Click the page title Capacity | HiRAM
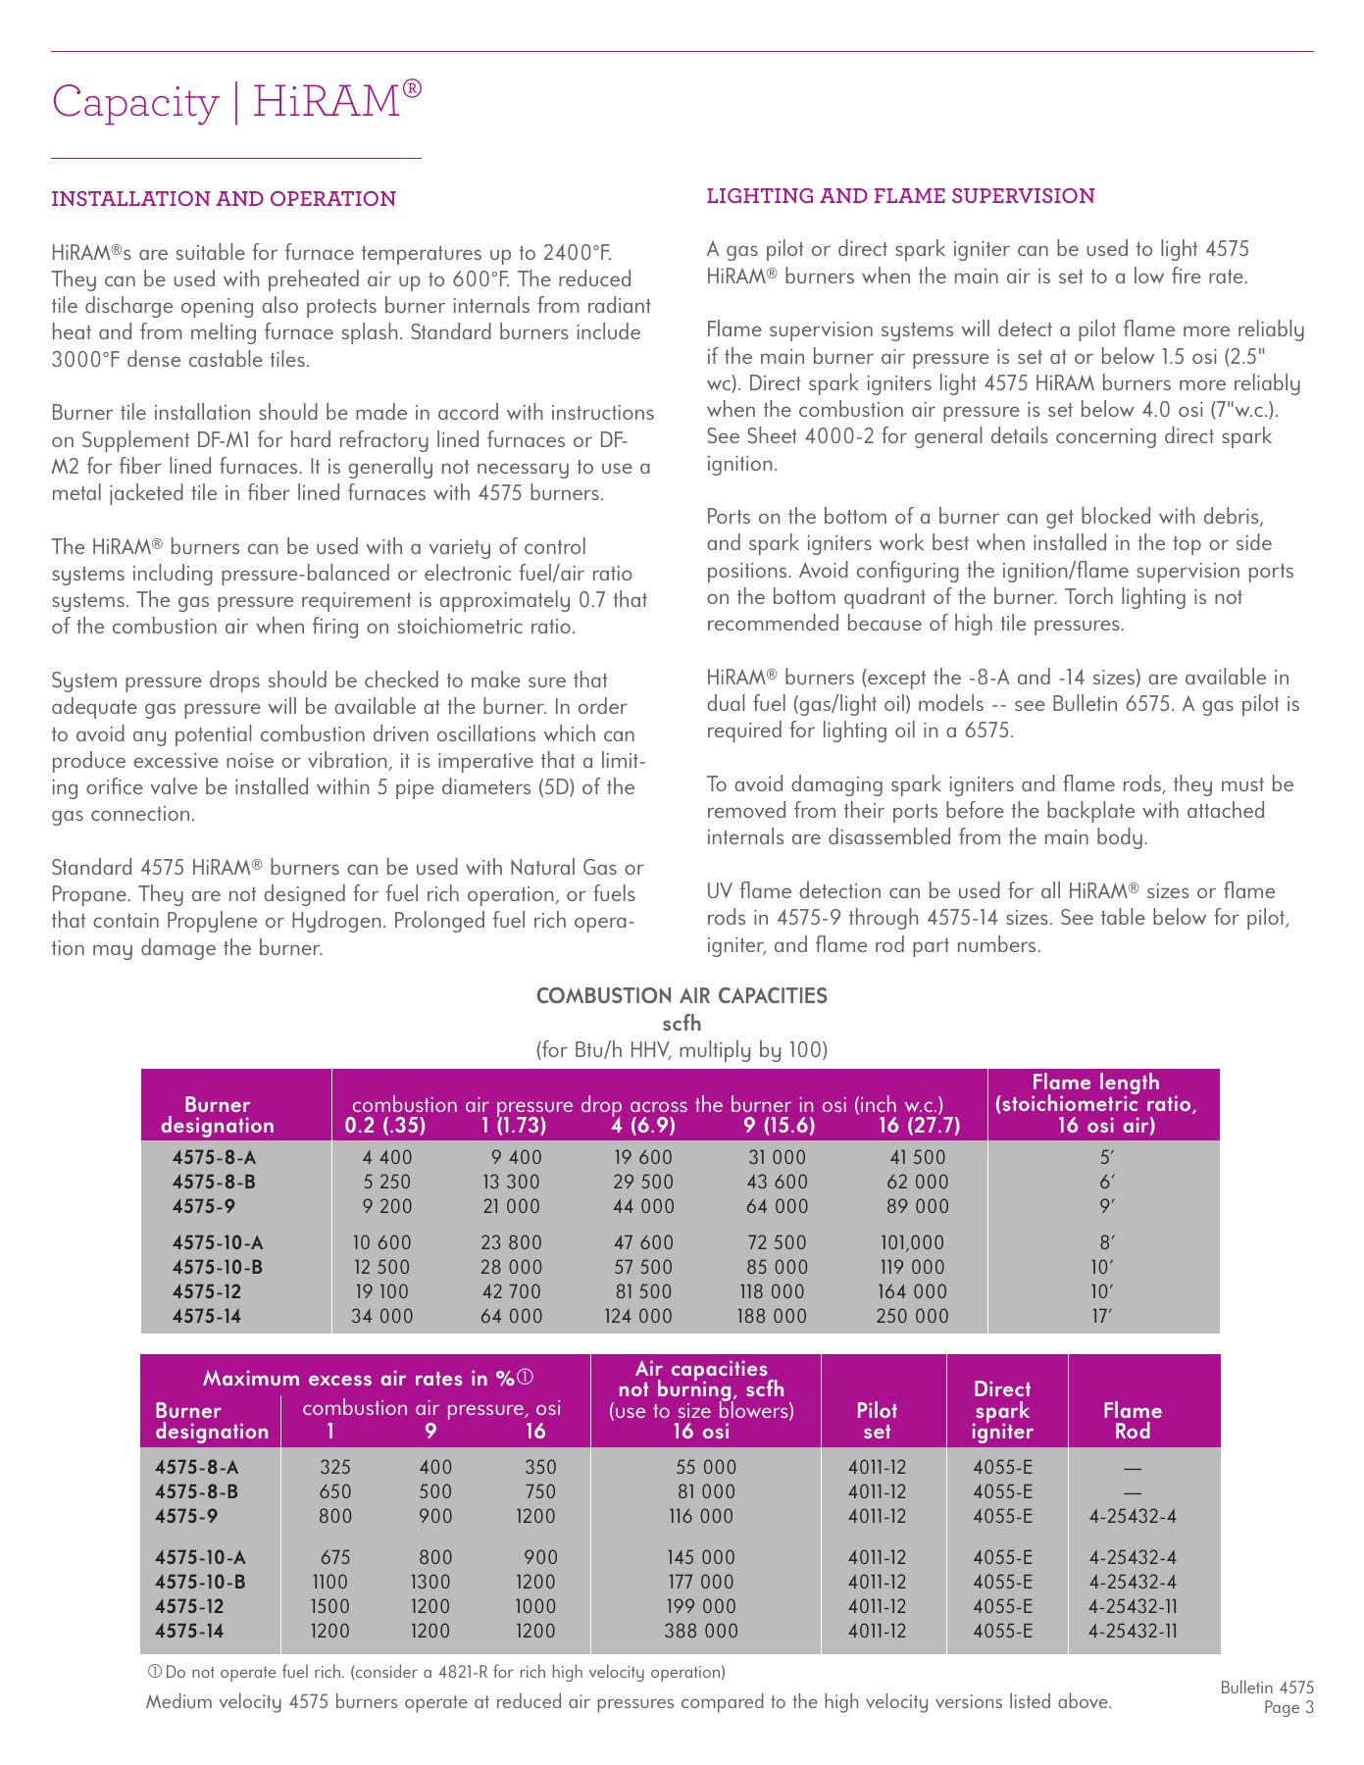[x=236, y=101]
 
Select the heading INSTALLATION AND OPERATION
[x=224, y=199]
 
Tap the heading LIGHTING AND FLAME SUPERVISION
[x=900, y=196]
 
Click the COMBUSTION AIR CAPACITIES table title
[x=682, y=996]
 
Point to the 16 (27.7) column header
[x=919, y=1126]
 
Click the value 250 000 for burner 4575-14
[x=912, y=1316]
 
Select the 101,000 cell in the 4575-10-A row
[x=912, y=1242]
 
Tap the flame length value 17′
[x=1103, y=1316]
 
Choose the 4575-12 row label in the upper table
[x=207, y=1291]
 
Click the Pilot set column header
[x=877, y=1421]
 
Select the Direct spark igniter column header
[x=1002, y=1410]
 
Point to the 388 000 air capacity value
[x=701, y=1631]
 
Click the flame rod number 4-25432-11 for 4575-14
[x=1133, y=1631]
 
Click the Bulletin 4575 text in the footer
[x=1267, y=1688]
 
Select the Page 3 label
[x=1288, y=1708]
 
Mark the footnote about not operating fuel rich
[x=436, y=1672]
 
